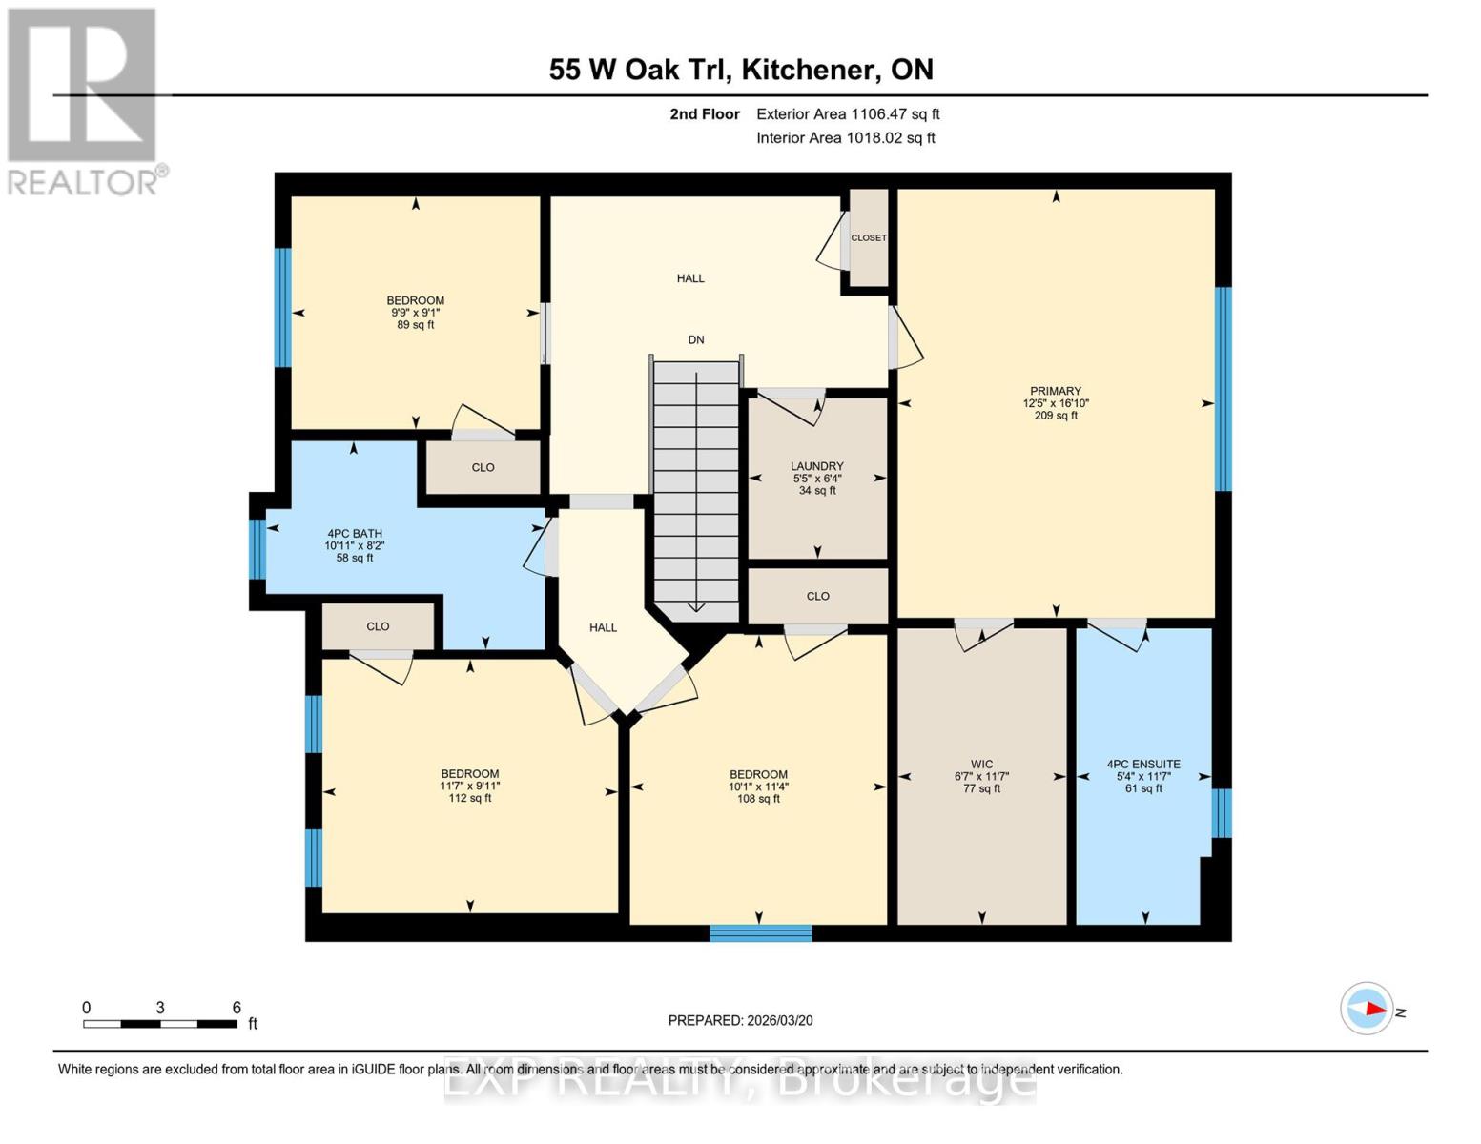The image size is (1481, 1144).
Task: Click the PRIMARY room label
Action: pos(1055,391)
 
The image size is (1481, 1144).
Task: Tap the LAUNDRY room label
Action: pos(816,466)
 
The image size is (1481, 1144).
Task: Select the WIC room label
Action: pos(981,764)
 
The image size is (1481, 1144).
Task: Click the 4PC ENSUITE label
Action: pos(1143,764)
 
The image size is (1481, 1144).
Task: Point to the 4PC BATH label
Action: pos(354,534)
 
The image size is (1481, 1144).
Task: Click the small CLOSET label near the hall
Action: pos(868,238)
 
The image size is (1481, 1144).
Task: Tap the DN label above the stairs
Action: pos(696,339)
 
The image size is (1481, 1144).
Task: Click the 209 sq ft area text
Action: pos(1056,416)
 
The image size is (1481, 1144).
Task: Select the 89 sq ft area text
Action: pos(416,325)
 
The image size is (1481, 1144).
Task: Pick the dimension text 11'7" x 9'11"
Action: pos(469,786)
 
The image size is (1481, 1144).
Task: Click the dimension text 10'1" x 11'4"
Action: pos(758,786)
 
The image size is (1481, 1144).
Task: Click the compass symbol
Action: pos(1367,1009)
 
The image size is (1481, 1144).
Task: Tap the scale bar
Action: pos(160,1024)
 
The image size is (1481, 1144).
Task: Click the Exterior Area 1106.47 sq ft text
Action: pos(848,114)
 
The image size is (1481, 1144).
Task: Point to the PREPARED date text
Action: pos(740,1020)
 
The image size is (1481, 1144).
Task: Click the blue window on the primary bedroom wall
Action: pos(1223,389)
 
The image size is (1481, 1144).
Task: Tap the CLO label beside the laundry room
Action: pos(817,596)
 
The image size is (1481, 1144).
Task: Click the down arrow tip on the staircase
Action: pos(695,608)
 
